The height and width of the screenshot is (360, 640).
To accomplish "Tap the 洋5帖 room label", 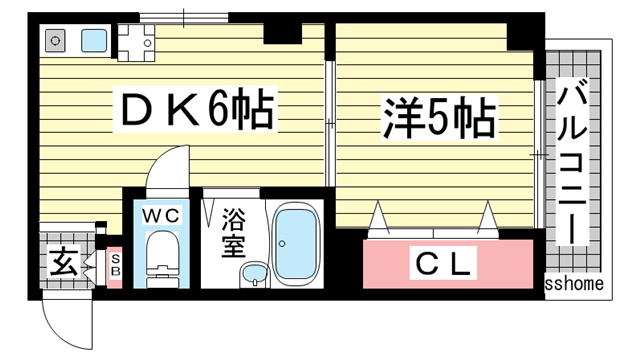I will tap(438, 118).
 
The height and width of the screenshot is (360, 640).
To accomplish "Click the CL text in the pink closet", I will tap(444, 265).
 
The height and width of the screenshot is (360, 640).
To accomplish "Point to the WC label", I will tap(160, 216).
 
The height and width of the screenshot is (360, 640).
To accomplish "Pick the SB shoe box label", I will tap(114, 265).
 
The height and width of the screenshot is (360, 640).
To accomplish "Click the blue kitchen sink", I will tap(95, 42).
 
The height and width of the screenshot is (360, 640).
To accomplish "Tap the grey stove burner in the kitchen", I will tap(54, 42).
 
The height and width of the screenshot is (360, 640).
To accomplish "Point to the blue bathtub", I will tap(296, 243).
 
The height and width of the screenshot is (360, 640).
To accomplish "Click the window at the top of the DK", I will tap(184, 17).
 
